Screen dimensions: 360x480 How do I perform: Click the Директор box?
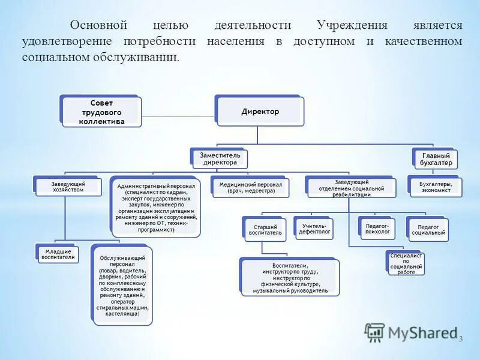pos(260,112)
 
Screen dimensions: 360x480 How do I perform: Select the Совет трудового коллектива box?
pos(101,112)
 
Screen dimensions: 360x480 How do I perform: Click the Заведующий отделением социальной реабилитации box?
pos(351,188)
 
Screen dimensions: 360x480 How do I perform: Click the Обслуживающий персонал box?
pos(122,285)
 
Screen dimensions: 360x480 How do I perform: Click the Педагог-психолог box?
pos(377,228)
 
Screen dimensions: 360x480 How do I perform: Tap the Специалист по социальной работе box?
pos(406,263)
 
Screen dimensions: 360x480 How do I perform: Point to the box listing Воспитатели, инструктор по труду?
pos(290,278)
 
